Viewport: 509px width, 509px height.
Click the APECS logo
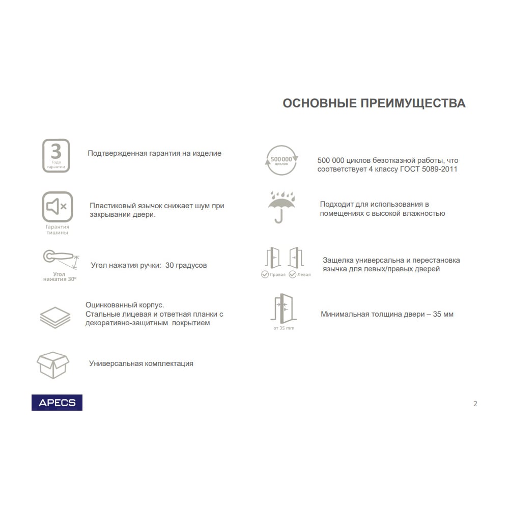[57, 402]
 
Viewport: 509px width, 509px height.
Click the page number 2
[475, 404]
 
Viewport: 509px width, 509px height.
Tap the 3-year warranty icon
[56, 155]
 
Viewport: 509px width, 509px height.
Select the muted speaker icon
[57, 207]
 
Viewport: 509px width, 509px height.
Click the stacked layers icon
[55, 317]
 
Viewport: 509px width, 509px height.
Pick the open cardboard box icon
[53, 364]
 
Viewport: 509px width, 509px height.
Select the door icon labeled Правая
[273, 258]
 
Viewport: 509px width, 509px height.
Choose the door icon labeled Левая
[296, 258]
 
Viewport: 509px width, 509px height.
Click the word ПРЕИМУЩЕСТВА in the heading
[413, 103]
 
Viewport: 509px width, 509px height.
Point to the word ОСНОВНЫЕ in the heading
[319, 103]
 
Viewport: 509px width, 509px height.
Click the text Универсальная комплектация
[141, 363]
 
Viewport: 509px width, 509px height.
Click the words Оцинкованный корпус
[125, 305]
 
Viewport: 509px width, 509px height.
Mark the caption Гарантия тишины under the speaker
[57, 230]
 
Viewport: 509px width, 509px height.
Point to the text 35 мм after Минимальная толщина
[443, 314]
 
